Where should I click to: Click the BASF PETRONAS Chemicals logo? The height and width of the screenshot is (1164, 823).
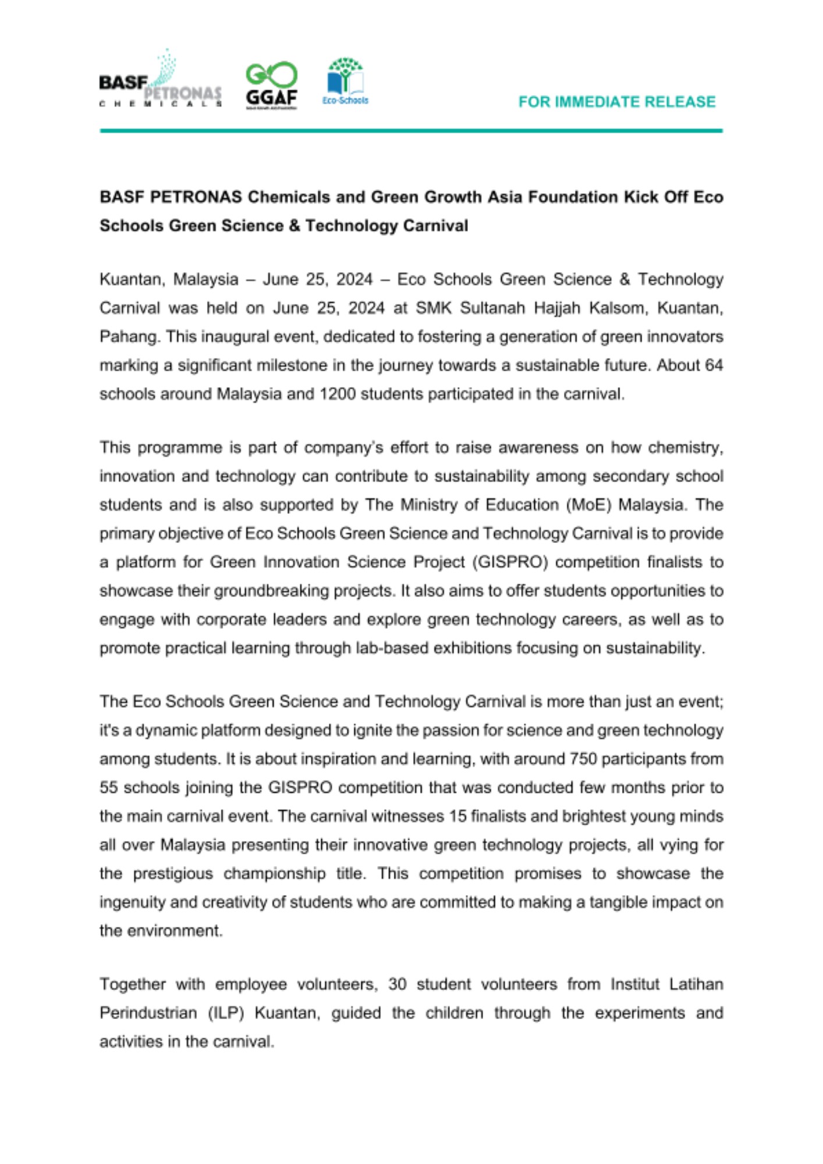point(160,81)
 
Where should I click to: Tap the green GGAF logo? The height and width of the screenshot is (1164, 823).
point(271,85)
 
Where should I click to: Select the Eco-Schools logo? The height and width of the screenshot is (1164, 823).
point(345,81)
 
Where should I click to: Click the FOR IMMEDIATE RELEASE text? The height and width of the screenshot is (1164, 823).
point(617,102)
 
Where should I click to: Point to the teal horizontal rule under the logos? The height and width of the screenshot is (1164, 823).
point(411,131)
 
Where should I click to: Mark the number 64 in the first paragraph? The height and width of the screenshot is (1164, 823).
point(714,365)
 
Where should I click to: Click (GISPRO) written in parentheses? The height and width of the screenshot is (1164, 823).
point(510,562)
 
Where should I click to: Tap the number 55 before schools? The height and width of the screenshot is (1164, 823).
point(109,787)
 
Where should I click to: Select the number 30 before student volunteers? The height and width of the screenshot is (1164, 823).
point(397,984)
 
